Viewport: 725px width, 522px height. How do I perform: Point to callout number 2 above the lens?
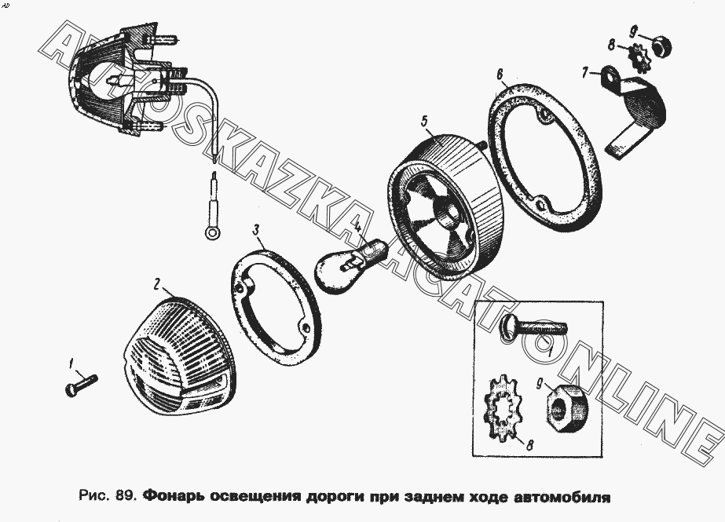click(x=156, y=284)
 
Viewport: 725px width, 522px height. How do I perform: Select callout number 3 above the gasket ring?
click(x=256, y=230)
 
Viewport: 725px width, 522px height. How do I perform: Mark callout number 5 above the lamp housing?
click(x=424, y=122)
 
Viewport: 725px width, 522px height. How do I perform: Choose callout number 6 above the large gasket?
click(x=500, y=75)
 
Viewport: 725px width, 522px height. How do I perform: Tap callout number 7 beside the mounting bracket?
click(x=584, y=73)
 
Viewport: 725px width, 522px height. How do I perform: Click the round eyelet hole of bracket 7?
click(x=608, y=77)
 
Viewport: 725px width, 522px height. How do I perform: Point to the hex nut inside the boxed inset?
click(x=563, y=404)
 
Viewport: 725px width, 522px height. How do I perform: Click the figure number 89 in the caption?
click(x=126, y=496)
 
